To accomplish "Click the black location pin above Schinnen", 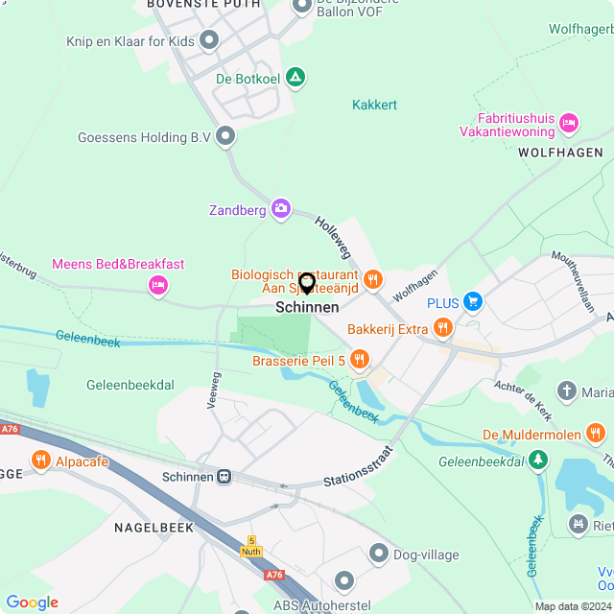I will tap(307, 283).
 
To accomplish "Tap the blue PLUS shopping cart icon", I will tap(472, 302).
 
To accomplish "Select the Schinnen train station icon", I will tap(224, 476).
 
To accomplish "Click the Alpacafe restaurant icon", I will tap(40, 461).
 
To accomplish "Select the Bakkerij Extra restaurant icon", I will tap(442, 329).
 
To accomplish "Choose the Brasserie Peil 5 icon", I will tap(360, 360).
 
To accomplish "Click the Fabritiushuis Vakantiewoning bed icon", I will tap(569, 123).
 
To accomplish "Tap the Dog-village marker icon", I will tap(378, 554).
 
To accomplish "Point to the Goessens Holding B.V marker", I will tap(226, 137).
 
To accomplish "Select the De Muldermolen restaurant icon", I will tap(597, 435).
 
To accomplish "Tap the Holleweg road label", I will tap(334, 235).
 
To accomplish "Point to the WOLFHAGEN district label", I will tap(560, 153).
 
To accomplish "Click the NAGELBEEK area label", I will tap(153, 527).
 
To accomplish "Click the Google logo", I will tap(32, 602).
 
